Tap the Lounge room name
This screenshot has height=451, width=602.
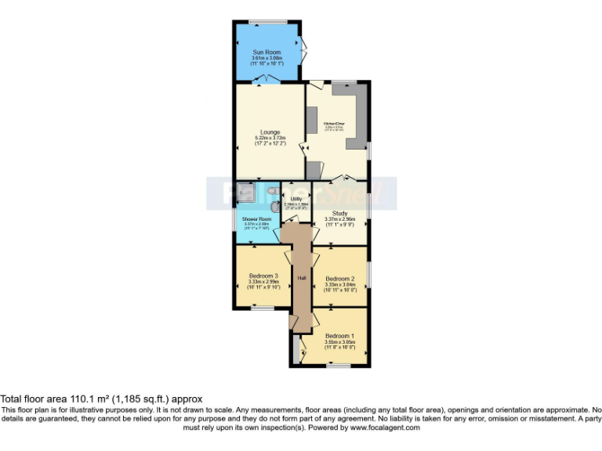270,132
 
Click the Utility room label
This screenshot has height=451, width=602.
296,200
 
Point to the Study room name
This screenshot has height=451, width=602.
340,213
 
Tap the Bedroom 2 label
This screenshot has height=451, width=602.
340,279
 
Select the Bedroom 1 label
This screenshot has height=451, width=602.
339,336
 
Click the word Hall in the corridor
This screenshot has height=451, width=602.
301,278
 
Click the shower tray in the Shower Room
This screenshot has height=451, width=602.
245,189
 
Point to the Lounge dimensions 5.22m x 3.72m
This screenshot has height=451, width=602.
270,139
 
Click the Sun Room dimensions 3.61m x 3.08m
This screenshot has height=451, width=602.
267,58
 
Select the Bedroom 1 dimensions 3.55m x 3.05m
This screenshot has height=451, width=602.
339,342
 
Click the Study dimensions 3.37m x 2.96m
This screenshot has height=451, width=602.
340,219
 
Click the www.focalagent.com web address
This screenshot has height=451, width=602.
385,428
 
